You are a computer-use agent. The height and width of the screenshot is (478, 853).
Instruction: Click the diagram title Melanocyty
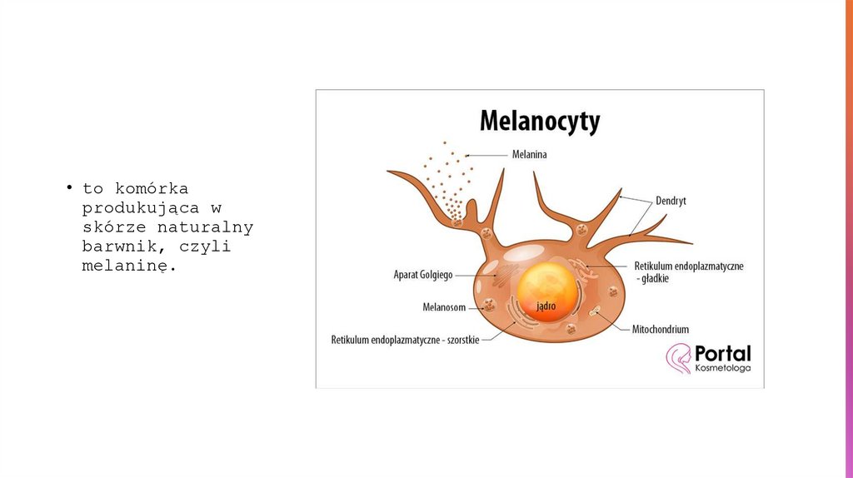[539, 122]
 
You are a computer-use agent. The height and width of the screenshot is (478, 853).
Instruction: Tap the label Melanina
[530, 154]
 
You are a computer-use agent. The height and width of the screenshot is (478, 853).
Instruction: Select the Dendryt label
[671, 201]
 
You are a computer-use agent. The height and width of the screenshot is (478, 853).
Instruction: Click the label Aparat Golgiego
[423, 274]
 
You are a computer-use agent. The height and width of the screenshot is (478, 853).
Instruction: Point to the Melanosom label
[444, 307]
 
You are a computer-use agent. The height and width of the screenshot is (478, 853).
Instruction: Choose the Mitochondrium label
[661, 329]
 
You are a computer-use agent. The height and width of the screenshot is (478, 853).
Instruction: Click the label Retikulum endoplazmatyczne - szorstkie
[405, 340]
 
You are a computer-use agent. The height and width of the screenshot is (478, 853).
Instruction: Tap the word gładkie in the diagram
[654, 279]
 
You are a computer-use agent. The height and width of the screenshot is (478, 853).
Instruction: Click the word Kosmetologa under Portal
[722, 368]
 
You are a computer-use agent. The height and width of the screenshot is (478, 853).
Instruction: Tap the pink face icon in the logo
[678, 358]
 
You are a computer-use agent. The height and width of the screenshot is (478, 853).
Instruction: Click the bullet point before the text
[72, 187]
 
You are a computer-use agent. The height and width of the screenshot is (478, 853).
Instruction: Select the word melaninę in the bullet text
[129, 266]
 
